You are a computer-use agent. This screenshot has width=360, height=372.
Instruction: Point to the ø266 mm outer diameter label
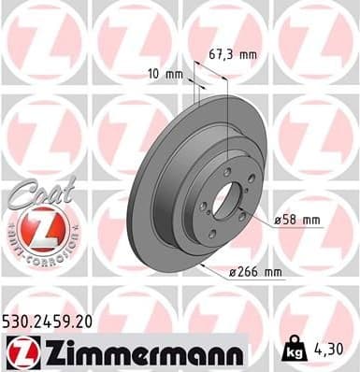256,271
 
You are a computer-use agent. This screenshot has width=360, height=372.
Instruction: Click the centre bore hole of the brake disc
225,201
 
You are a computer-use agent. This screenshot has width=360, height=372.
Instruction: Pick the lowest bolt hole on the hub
214,235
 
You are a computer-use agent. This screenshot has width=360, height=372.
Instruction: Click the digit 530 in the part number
20,320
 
